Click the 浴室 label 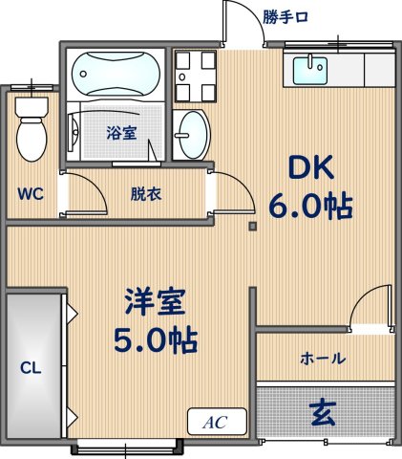120,134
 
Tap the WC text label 30,192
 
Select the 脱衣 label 145,193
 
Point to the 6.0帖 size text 313,207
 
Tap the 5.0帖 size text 154,339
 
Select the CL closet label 31,367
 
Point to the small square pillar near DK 252,227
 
